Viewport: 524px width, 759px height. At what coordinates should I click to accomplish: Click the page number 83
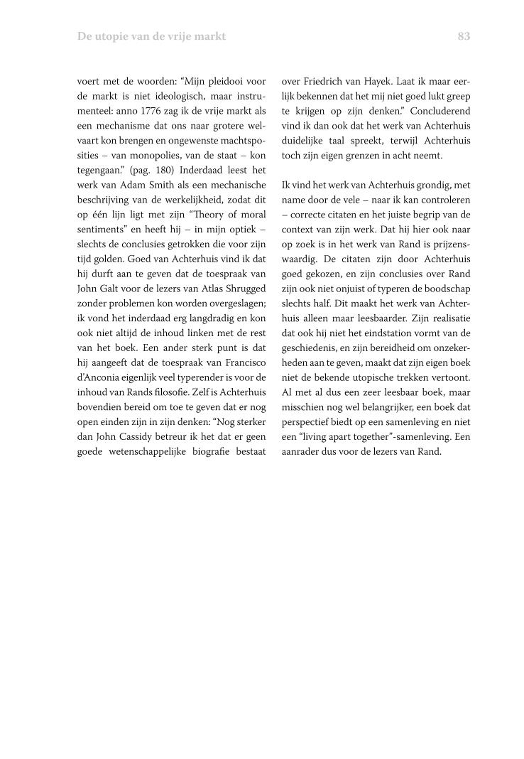pos(464,36)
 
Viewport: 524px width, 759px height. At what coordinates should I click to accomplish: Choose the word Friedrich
pos(324,80)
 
